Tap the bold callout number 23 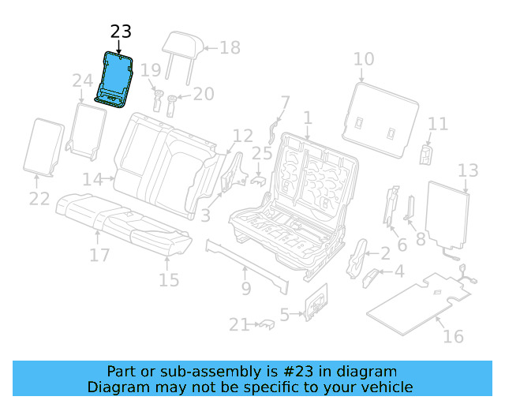pyautogui.click(x=121, y=32)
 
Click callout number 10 pyautogui.click(x=364, y=59)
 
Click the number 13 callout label pyautogui.click(x=468, y=170)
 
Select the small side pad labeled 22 pyautogui.click(x=46, y=147)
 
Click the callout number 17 pyautogui.click(x=99, y=255)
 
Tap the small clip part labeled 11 pyautogui.click(x=427, y=153)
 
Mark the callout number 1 pyautogui.click(x=307, y=118)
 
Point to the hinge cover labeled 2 pyautogui.click(x=359, y=254)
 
